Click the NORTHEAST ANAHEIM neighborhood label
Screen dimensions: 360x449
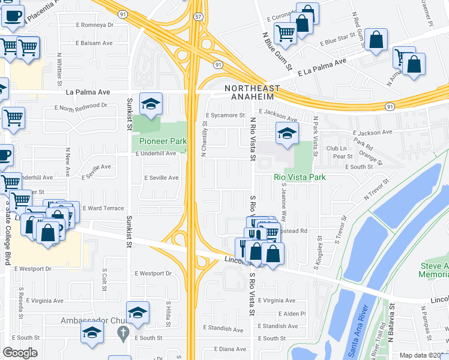(249, 92)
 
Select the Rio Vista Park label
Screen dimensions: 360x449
(300, 177)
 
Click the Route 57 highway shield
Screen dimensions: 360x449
(197, 17)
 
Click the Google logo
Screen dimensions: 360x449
(20, 353)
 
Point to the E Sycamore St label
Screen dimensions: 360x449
(225, 115)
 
